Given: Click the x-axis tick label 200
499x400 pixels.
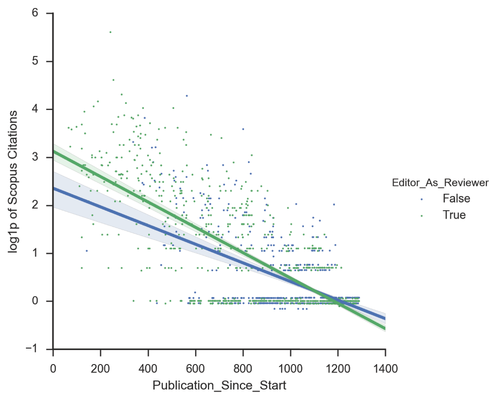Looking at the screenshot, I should (100, 369).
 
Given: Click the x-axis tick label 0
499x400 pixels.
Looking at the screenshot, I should (53, 369).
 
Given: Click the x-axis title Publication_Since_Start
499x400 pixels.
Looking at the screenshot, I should (219, 386).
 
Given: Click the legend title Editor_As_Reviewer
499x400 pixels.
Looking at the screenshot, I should (440, 183).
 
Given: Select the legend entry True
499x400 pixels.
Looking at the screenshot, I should (454, 215).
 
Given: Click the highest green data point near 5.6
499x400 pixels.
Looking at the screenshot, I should (110, 32).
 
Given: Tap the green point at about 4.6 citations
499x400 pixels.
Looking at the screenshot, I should (113, 80).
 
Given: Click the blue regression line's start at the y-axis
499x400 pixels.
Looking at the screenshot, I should (53, 188).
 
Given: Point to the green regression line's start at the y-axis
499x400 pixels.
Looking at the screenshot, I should (53, 151).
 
